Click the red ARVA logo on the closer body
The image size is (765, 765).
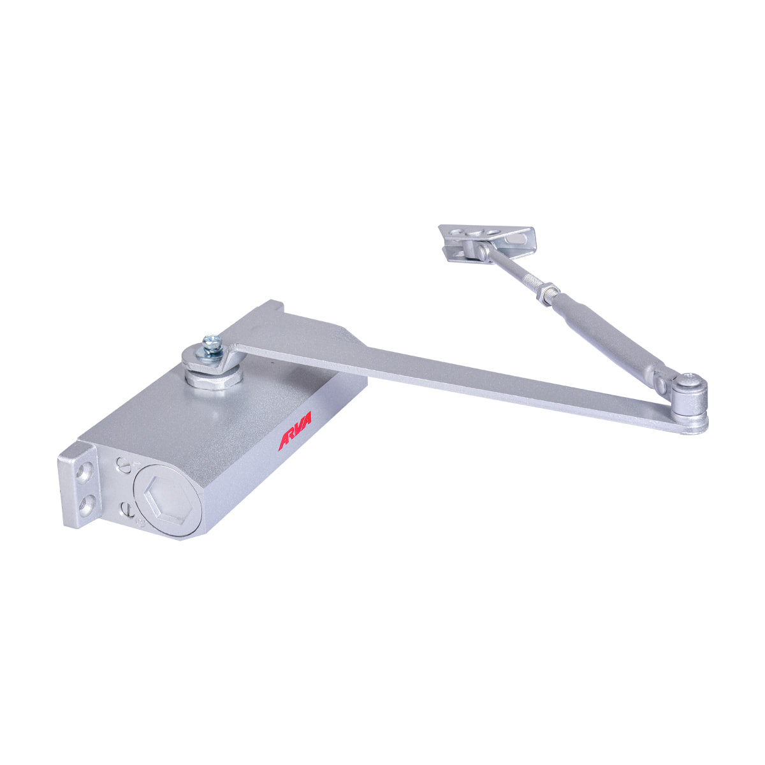coord(294,431)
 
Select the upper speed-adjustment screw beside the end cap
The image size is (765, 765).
coord(122,464)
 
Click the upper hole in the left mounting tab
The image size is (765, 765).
coord(84,474)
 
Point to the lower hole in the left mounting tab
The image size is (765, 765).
coord(86,504)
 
